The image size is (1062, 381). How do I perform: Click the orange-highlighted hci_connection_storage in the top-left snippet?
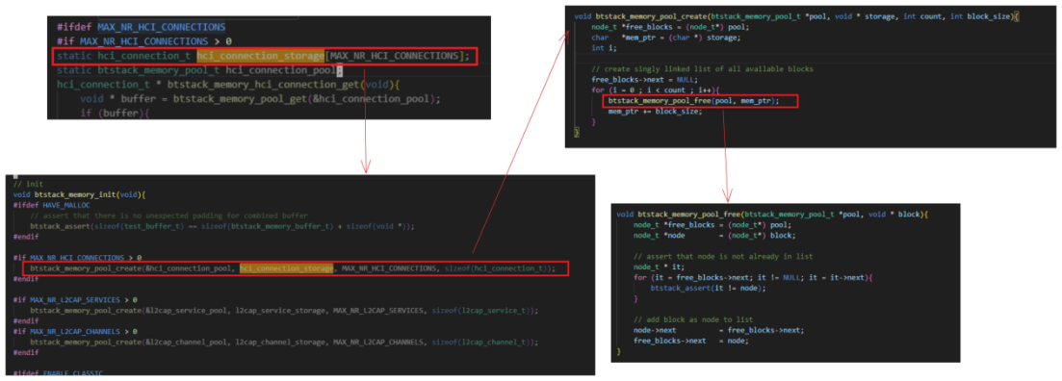point(259,57)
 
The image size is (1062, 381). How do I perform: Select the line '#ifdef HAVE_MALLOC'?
point(41,204)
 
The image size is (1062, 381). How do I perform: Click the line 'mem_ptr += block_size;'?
point(655,111)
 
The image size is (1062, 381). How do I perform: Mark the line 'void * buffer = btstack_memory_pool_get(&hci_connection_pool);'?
point(260,98)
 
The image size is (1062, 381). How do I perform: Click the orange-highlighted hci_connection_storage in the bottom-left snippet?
point(286,267)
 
